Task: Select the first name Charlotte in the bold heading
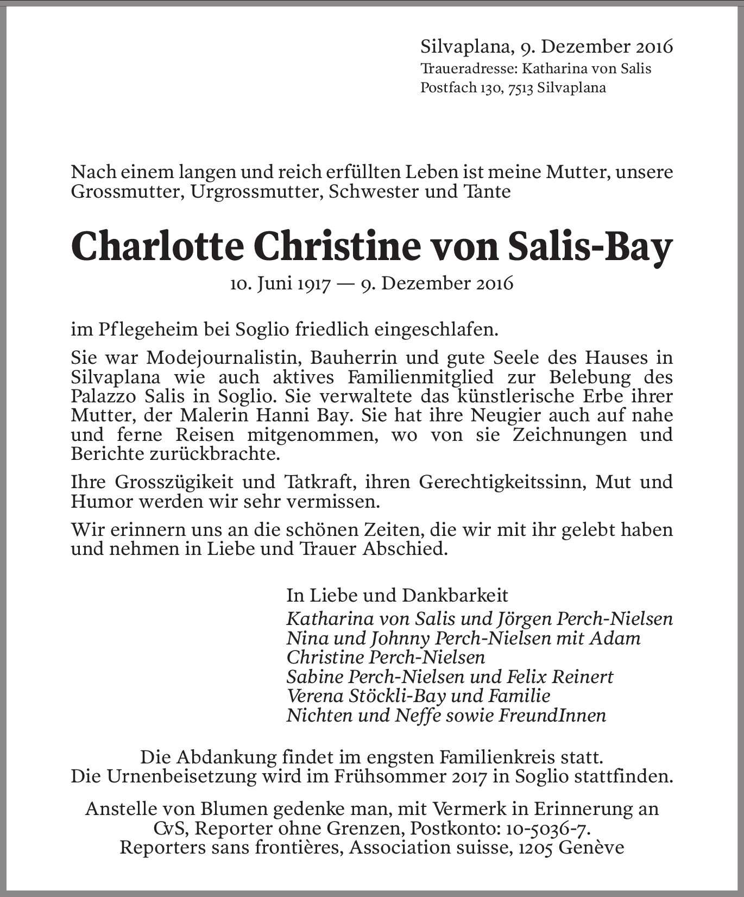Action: tap(157, 247)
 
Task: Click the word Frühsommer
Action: tap(393, 776)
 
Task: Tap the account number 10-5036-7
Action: tap(545, 829)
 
